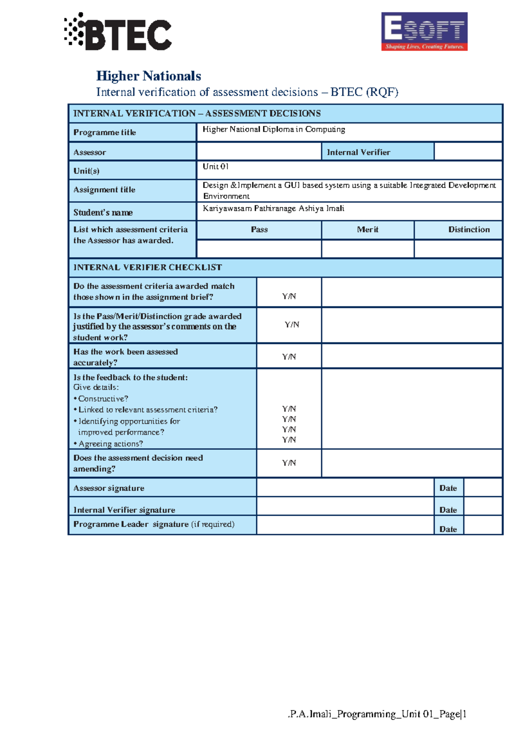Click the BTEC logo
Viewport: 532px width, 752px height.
pos(118,32)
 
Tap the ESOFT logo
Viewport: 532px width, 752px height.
pos(424,31)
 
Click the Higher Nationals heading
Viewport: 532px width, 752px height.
pos(149,76)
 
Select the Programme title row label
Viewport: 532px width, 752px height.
pos(105,132)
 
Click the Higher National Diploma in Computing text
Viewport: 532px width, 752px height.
pos(274,129)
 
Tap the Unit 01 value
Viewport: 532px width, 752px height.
pos(215,166)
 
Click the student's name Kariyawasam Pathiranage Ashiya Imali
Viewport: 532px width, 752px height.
pos(274,208)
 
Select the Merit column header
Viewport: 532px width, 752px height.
pos(368,230)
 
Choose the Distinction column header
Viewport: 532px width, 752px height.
pos(469,230)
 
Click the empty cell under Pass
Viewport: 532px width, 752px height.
pos(259,249)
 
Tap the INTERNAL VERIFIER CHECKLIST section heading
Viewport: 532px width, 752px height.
pos(148,267)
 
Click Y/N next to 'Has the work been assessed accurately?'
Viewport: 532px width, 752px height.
pos(289,356)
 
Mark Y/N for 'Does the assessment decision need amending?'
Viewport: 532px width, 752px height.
pos(289,463)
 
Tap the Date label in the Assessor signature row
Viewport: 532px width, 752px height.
pos(448,488)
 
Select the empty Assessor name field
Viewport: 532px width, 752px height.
pos(259,152)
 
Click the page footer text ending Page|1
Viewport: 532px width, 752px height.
pos(377,714)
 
